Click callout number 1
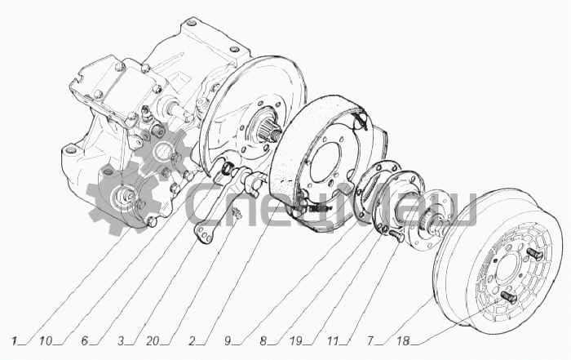pyautogui.click(x=15, y=338)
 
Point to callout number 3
pyautogui.click(x=121, y=338)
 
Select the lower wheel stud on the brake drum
pyautogui.click(x=507, y=297)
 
